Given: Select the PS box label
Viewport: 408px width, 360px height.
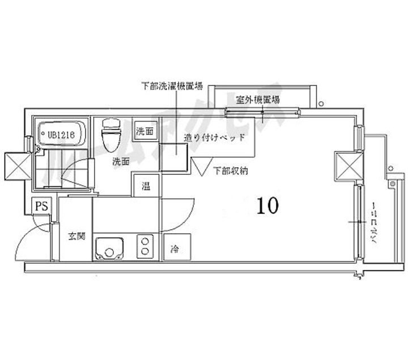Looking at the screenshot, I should (x=41, y=207).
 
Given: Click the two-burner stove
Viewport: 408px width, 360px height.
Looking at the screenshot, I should (x=146, y=247).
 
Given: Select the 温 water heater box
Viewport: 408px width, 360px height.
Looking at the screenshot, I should (x=146, y=185).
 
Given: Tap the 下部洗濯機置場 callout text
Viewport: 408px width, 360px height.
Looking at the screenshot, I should (x=172, y=87).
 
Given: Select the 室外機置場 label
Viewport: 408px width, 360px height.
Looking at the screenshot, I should (x=258, y=100).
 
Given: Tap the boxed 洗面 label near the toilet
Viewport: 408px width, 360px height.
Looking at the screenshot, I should (x=145, y=131).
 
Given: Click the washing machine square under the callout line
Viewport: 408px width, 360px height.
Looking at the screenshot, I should (x=173, y=157).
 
